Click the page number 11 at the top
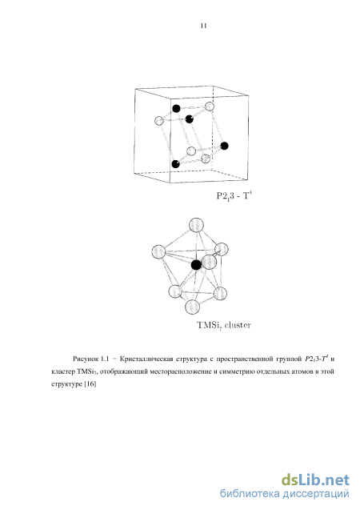(x=204, y=26)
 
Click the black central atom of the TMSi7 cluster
(x=196, y=265)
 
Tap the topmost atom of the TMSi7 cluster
(x=196, y=225)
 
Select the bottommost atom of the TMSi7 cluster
(x=192, y=307)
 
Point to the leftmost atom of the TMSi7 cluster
(x=159, y=251)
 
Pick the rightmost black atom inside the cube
(x=224, y=146)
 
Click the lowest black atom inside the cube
(x=175, y=164)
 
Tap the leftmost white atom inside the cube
(x=159, y=121)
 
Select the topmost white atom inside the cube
(x=210, y=106)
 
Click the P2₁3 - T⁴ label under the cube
(x=234, y=196)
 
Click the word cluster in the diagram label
(x=238, y=324)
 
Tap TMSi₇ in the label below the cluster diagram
(x=210, y=325)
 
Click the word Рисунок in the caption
(x=86, y=359)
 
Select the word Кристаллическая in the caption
(x=146, y=359)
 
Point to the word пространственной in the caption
(x=244, y=359)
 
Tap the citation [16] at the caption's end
(x=90, y=384)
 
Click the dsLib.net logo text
(x=315, y=480)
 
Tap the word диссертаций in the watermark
(x=316, y=494)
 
